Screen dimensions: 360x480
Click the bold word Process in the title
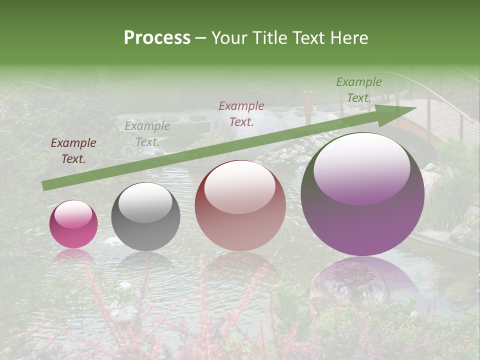(x=157, y=37)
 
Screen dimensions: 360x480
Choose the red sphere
(x=240, y=206)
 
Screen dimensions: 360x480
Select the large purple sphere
(x=362, y=195)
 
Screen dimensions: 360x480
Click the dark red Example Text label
(x=73, y=151)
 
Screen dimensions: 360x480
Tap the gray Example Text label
(x=147, y=134)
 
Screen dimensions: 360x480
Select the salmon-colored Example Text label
(x=241, y=113)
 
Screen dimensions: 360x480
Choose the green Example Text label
(x=359, y=90)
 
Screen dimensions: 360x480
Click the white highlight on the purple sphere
(x=361, y=167)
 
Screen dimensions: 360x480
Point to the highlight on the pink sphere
(x=73, y=214)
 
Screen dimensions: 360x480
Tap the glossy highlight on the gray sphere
(x=145, y=202)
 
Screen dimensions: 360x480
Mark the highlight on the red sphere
(x=239, y=187)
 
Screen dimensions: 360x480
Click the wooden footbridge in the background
(x=440, y=122)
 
